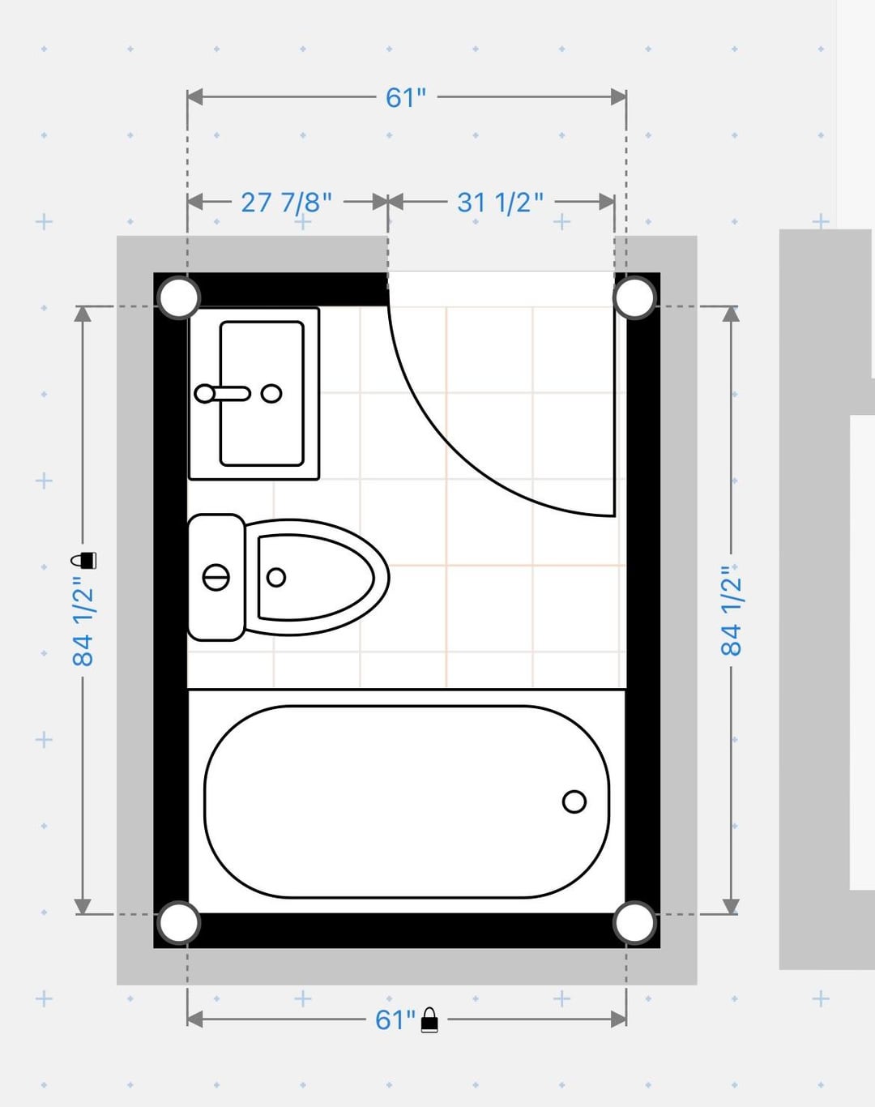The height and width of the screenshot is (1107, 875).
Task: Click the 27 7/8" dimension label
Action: (287, 202)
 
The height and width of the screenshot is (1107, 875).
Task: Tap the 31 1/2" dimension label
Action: (500, 202)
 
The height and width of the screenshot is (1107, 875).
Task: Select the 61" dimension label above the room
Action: (406, 97)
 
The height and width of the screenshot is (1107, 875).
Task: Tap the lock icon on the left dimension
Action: (83, 560)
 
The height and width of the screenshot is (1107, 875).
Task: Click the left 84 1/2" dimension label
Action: (83, 622)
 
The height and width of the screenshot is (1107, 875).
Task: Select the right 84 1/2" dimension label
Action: (732, 611)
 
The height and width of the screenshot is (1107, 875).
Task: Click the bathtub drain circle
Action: (574, 801)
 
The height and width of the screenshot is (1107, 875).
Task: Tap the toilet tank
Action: (216, 577)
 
